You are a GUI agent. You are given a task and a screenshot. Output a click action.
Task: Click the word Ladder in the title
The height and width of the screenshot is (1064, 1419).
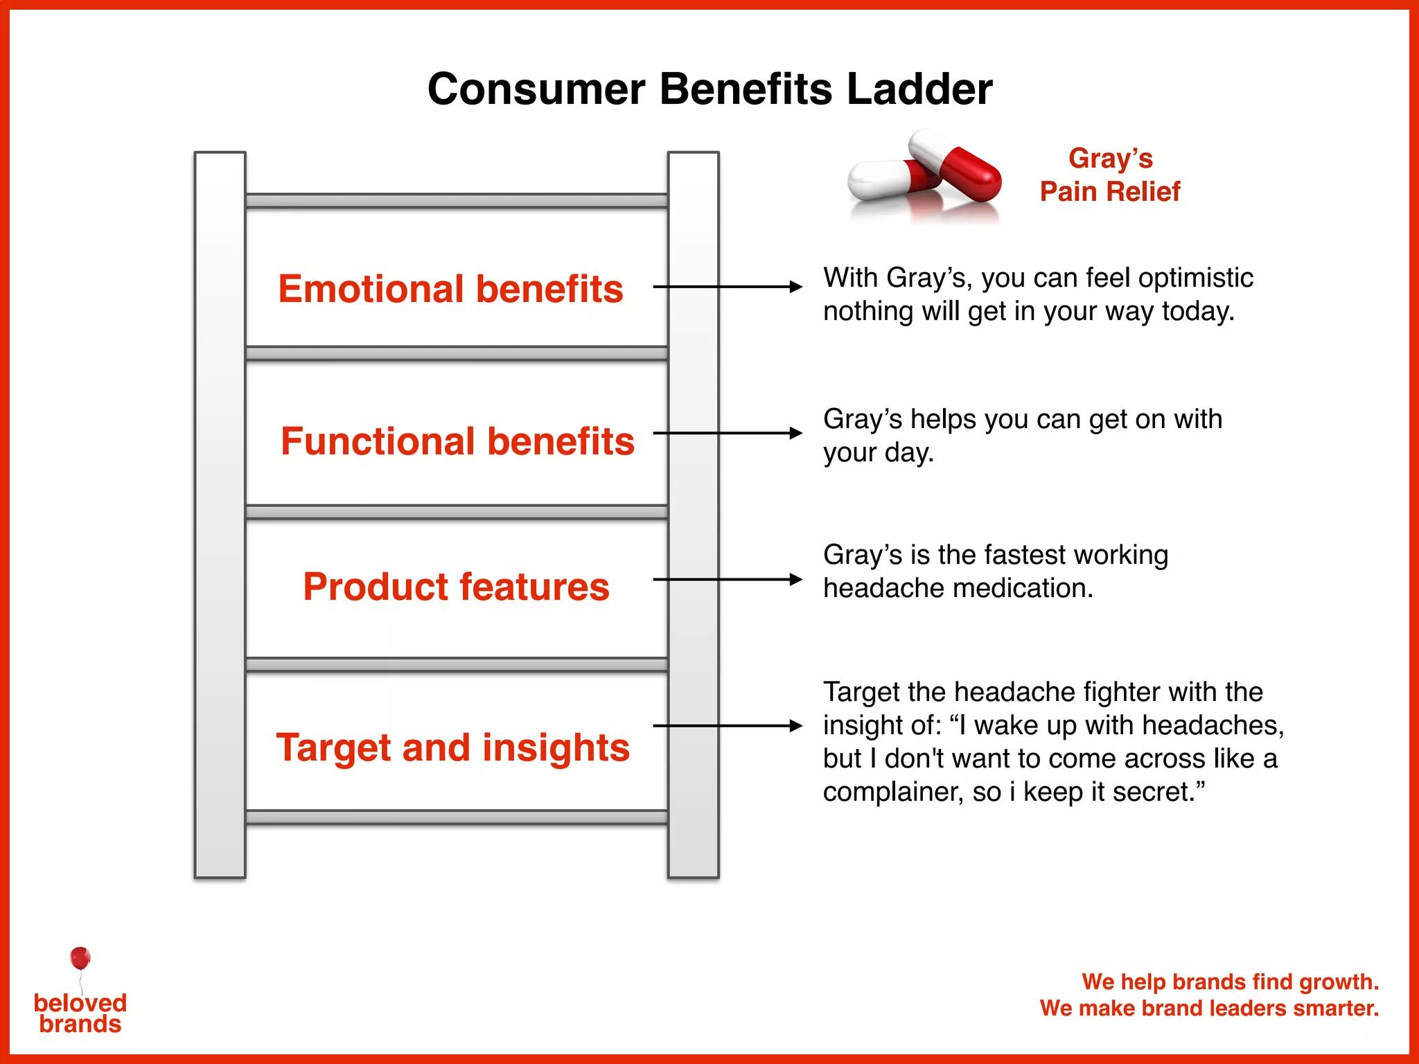[x=919, y=89]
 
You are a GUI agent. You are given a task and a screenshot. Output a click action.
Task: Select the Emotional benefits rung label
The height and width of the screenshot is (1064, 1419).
[x=450, y=289]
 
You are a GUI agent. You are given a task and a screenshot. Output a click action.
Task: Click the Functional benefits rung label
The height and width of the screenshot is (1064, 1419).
[x=457, y=441]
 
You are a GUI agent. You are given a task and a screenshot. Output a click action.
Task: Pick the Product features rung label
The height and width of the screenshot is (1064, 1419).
[x=456, y=587]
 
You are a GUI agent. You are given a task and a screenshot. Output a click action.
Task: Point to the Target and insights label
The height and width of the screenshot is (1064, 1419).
[x=453, y=747]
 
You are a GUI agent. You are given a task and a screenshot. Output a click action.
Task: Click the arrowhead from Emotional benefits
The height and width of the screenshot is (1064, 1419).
[x=796, y=287]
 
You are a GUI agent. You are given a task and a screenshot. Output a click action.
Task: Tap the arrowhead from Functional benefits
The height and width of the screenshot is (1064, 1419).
[x=796, y=433]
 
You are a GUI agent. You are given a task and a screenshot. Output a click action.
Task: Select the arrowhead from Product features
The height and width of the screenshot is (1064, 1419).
[x=796, y=579]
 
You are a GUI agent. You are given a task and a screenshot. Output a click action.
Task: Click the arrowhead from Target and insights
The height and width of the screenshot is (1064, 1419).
[x=796, y=726]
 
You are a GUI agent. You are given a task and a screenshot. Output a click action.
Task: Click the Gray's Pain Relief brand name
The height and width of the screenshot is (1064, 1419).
[x=1110, y=175]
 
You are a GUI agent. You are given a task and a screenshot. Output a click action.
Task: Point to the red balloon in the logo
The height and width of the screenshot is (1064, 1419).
[x=80, y=958]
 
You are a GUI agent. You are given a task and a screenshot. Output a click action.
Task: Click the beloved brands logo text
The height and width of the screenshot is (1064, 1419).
[x=80, y=1013]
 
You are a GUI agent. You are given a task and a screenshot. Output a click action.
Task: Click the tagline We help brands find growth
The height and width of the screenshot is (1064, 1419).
[x=1230, y=982]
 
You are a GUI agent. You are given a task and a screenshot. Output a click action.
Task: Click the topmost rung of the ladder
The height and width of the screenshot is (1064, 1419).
[x=457, y=201]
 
